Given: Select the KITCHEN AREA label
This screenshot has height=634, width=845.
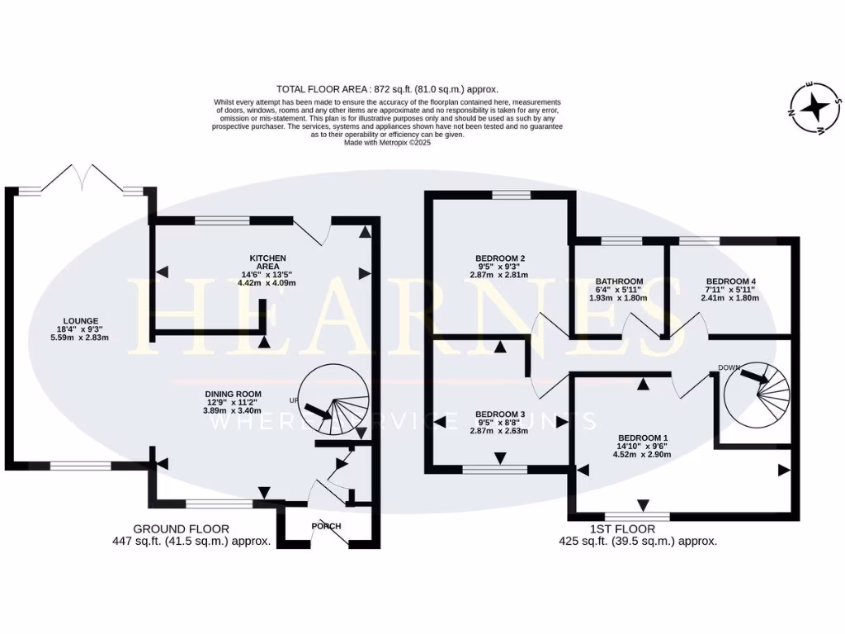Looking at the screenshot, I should pos(267,263).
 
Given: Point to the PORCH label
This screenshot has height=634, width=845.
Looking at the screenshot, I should pos(327,527).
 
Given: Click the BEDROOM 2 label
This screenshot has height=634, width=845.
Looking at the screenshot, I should pos(500,257).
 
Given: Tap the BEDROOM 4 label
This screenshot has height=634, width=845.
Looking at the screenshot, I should pos(730,282).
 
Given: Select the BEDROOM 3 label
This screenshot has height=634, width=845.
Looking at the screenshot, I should pos(500,414).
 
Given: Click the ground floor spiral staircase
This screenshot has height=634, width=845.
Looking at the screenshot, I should pos(331,404).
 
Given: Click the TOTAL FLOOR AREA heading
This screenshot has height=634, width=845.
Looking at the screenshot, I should pos(388,88).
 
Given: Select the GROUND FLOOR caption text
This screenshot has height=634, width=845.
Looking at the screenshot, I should pos(181,528).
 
